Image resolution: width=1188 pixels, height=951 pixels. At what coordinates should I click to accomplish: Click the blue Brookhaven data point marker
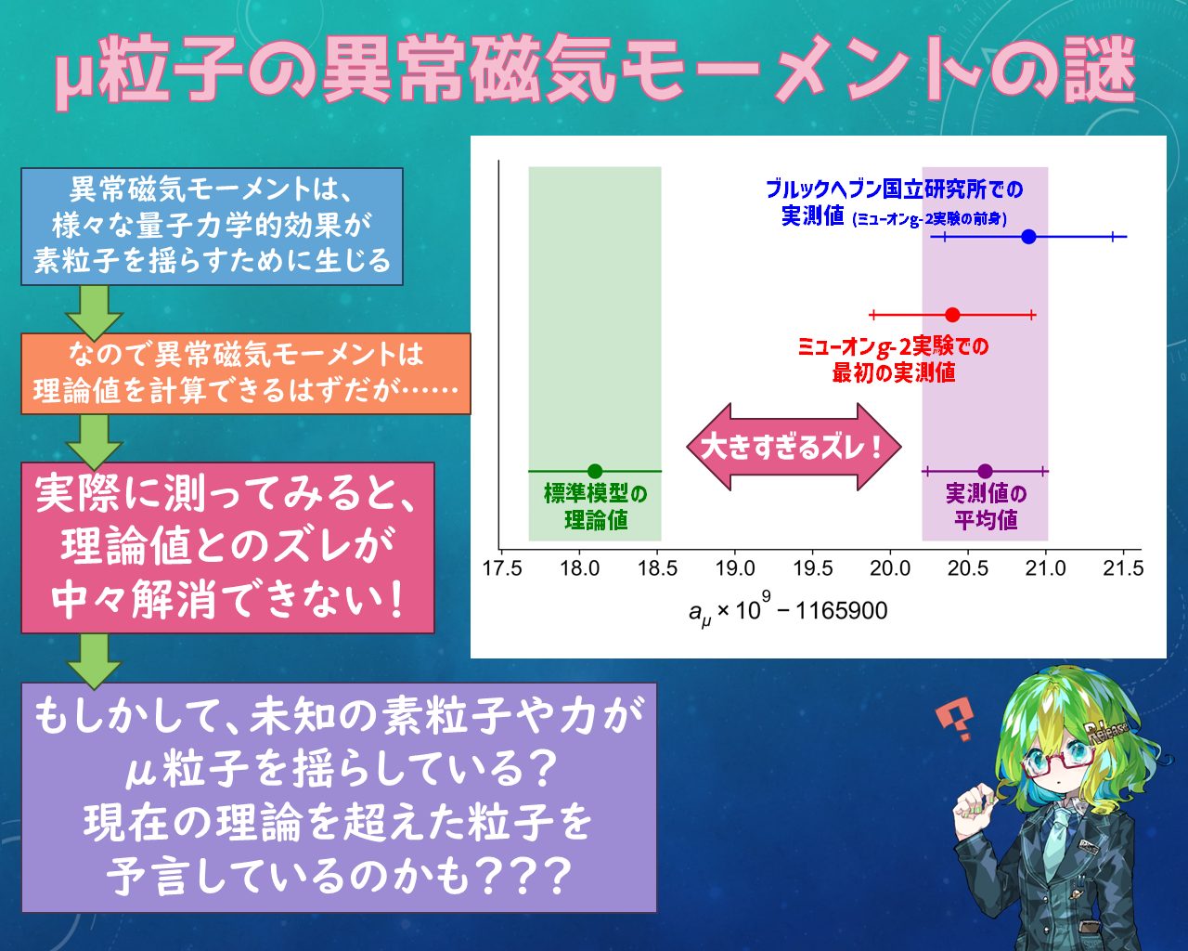1028,237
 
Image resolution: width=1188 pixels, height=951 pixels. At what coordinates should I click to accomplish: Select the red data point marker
952,315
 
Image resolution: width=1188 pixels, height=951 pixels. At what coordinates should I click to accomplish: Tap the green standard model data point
595,472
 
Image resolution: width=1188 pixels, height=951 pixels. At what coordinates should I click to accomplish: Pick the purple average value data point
985,472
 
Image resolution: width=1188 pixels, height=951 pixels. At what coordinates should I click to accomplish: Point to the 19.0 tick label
735,568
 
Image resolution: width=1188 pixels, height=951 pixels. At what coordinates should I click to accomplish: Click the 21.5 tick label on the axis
1123,568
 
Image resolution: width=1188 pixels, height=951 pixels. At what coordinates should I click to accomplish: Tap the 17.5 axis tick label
502,568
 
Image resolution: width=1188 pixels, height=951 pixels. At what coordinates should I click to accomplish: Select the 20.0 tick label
890,568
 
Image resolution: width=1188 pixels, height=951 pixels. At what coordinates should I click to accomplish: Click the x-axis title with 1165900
788,610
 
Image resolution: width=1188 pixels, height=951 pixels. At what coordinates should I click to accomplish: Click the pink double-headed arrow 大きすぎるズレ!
794,447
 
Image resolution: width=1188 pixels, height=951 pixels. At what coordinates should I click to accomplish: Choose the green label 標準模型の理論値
595,507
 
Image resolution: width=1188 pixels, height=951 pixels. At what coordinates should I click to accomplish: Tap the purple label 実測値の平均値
986,507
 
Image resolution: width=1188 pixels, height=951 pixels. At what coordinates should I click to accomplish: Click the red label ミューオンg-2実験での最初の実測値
893,359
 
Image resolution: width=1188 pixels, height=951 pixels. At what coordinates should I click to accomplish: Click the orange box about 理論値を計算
246,373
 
